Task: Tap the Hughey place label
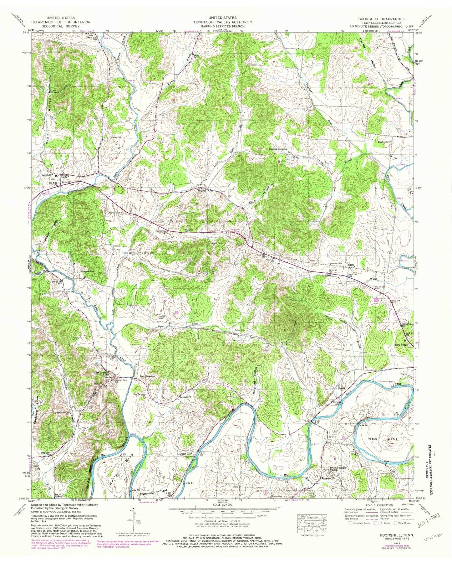click(x=201, y=190)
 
